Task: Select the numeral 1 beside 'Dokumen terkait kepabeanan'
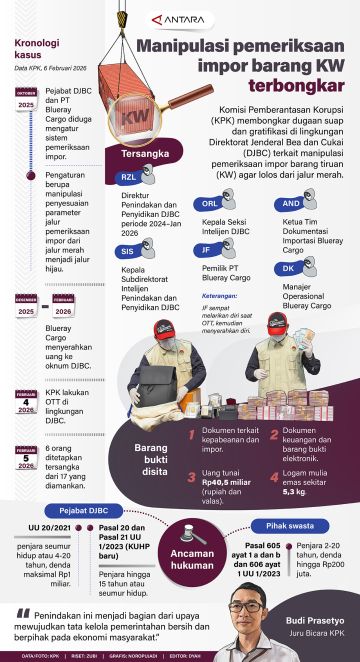(191, 431)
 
